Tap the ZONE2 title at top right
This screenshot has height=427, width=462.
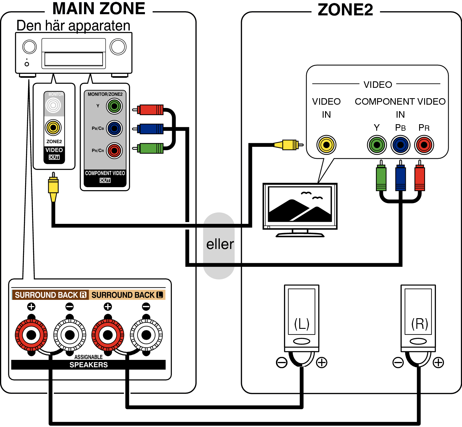click(x=345, y=10)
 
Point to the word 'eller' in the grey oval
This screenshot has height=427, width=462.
click(x=220, y=244)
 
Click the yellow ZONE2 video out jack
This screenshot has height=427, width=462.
click(x=53, y=127)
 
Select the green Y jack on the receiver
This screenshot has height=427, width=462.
click(x=114, y=106)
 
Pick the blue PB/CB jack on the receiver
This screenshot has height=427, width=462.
click(x=114, y=128)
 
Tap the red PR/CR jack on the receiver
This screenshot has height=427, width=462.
click(x=114, y=151)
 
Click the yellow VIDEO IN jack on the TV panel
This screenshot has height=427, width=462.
click(x=327, y=145)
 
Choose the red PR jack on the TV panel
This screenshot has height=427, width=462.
click(x=424, y=145)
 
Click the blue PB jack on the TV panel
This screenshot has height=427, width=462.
click(x=400, y=145)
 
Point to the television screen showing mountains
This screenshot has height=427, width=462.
click(x=300, y=204)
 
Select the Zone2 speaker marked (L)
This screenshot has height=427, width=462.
click(x=302, y=318)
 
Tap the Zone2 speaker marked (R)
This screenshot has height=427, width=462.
click(x=418, y=318)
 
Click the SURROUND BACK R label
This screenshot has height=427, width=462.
click(x=50, y=295)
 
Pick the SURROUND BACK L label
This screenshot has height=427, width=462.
click(x=127, y=295)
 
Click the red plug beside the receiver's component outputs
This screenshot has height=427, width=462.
click(x=148, y=110)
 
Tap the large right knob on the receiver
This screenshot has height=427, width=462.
click(x=118, y=47)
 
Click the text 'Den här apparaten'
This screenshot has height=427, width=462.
click(x=73, y=26)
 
